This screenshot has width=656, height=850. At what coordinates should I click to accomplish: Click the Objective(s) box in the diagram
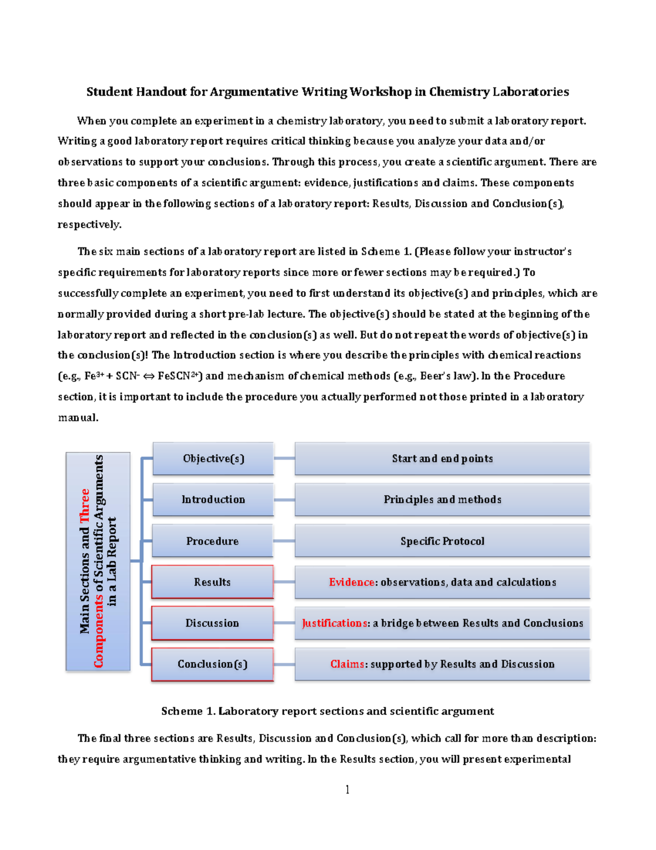(213, 459)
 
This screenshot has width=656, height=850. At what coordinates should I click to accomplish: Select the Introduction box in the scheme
(213, 500)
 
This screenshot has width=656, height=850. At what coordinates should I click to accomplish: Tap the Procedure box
(212, 541)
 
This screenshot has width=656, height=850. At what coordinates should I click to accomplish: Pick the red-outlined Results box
(212, 582)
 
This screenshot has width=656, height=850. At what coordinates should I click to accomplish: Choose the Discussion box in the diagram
(212, 623)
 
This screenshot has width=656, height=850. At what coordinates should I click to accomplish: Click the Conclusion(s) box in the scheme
(212, 664)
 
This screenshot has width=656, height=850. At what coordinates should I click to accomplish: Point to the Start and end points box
(442, 459)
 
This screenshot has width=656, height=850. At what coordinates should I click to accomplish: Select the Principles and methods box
(442, 500)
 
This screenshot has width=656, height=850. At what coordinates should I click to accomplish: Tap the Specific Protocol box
(442, 541)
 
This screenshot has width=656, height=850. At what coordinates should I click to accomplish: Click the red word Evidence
(352, 582)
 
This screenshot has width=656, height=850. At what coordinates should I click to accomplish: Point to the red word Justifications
(335, 623)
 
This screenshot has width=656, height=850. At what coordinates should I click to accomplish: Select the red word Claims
(347, 664)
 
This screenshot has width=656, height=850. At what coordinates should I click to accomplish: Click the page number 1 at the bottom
(347, 789)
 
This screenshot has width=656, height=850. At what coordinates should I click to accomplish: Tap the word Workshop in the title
(380, 92)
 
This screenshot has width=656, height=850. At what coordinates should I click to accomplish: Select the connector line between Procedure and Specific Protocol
(284, 541)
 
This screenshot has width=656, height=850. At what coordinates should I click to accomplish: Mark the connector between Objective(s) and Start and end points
(284, 459)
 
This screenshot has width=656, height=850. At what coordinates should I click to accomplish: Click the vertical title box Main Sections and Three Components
(98, 562)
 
